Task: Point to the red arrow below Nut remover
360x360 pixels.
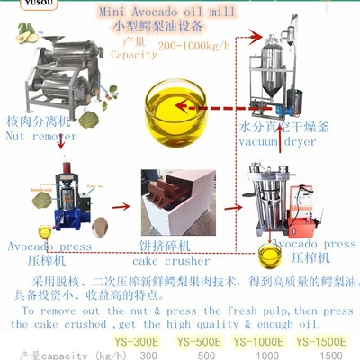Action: [60, 140]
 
